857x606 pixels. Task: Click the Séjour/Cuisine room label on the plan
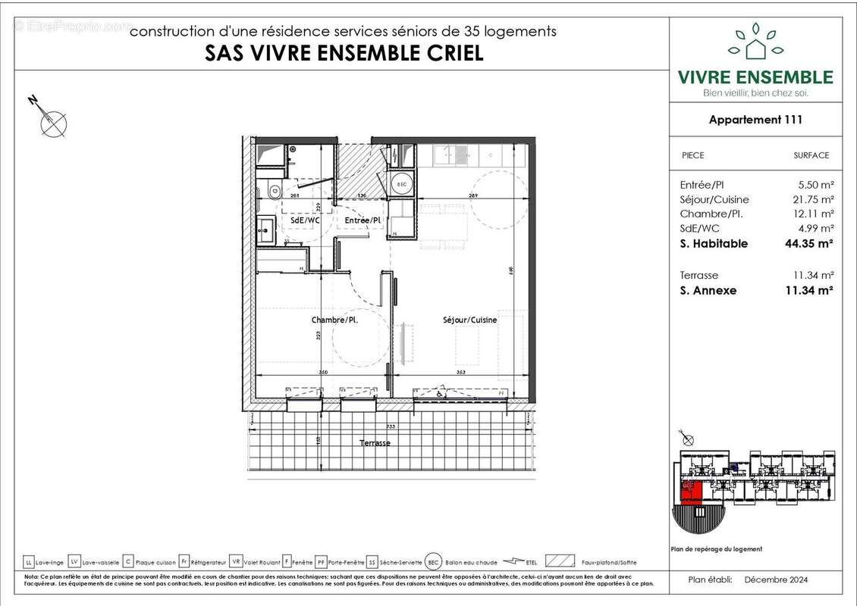coord(469,320)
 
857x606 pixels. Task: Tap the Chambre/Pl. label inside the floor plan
coord(334,320)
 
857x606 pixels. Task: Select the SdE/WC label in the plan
coord(303,220)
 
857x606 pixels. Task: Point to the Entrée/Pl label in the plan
coord(363,220)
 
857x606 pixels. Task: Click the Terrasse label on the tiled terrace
coord(375,443)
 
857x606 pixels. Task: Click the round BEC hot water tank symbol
coord(401,184)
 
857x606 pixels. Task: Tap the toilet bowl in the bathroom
coord(275,192)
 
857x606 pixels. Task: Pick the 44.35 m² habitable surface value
coord(808,243)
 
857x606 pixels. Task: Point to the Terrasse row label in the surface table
coord(698,275)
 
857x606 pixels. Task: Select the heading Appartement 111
coord(755,119)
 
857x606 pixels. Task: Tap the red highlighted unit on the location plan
coord(690,492)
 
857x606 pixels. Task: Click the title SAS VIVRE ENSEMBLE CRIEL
coord(344,53)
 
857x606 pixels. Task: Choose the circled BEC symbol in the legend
coord(433,562)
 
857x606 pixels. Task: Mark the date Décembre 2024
coord(776,579)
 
